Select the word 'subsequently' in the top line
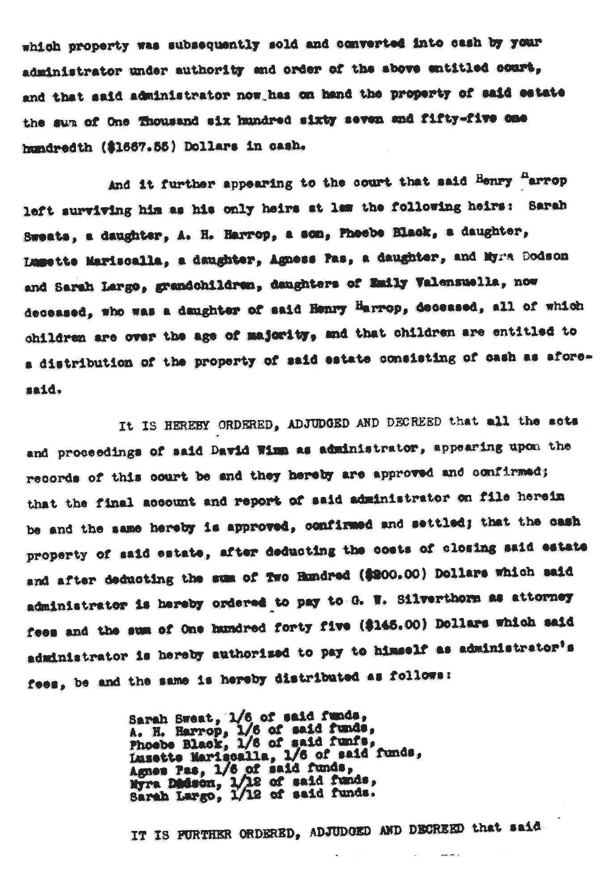click(x=214, y=45)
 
